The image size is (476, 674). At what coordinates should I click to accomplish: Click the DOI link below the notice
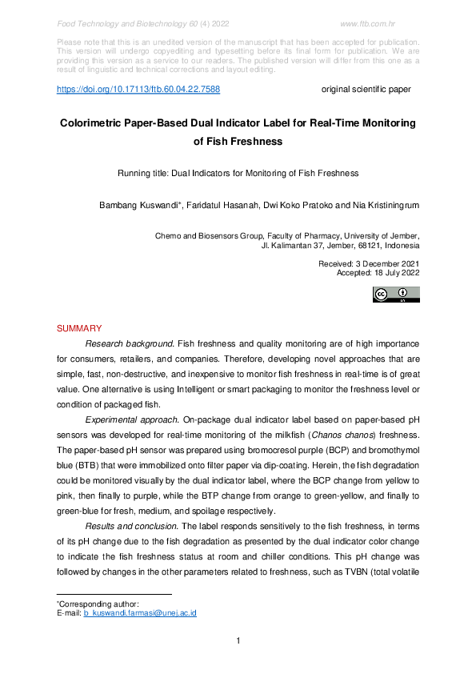click(138, 90)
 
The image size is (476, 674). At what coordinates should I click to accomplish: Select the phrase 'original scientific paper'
click(366, 90)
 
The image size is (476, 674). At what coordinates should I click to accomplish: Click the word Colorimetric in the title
click(98, 124)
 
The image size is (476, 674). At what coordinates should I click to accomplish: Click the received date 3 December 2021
click(387, 263)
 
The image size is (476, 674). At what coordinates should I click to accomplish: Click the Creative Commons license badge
click(395, 295)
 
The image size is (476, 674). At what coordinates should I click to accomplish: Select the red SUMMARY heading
click(79, 329)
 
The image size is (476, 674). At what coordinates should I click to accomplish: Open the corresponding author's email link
click(140, 613)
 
